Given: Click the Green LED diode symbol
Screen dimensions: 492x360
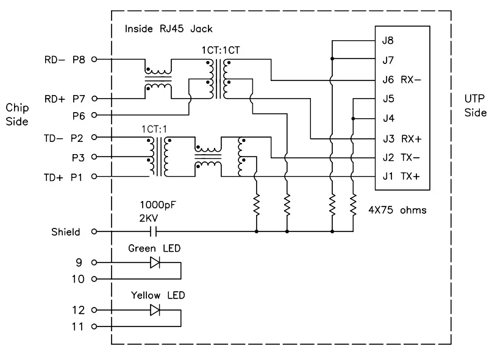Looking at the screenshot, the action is click(x=155, y=263).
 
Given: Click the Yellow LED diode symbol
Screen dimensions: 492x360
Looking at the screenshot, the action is click(x=155, y=310).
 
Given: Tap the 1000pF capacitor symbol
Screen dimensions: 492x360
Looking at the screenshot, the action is click(x=154, y=231).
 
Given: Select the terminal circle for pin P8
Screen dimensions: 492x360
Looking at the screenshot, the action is click(x=94, y=59).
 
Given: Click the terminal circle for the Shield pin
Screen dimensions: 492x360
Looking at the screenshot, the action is click(x=94, y=231).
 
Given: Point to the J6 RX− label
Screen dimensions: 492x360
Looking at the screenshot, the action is click(x=402, y=80).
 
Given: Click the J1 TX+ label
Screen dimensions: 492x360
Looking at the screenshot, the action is click(x=401, y=177).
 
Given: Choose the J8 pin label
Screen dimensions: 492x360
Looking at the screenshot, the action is click(x=388, y=40).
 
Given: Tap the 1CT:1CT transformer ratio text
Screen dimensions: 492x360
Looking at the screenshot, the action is click(x=221, y=50).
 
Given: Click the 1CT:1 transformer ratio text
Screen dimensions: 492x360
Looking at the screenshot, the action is click(x=154, y=129).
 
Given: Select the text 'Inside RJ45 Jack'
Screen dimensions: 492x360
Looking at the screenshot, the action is click(x=168, y=29).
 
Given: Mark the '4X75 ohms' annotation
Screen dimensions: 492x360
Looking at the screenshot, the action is click(x=398, y=210).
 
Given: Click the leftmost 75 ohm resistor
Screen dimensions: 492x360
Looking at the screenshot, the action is click(x=257, y=205).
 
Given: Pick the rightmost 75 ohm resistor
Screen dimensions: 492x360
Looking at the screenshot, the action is click(x=354, y=205).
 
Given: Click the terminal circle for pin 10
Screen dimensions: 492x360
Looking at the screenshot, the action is click(x=94, y=279).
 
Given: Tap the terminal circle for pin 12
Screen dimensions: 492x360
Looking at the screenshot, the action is click(x=94, y=310).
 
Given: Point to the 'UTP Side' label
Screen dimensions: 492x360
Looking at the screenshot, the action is click(x=476, y=105).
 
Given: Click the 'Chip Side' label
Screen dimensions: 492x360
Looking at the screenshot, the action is click(x=17, y=115).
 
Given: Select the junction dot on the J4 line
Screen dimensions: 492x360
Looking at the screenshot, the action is click(x=354, y=119).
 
